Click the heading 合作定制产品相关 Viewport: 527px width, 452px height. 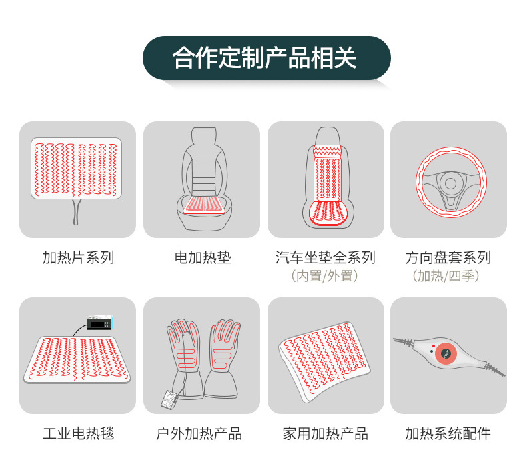click(x=264, y=58)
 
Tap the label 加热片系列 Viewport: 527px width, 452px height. click(x=78, y=257)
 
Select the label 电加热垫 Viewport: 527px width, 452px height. click(x=203, y=257)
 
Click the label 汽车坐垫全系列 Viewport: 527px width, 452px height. click(x=325, y=257)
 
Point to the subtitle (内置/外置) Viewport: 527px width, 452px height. click(x=324, y=276)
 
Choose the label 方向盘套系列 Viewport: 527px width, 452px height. click(x=448, y=257)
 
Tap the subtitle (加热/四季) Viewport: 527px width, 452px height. click(x=446, y=276)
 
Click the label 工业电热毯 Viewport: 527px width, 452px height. click(x=78, y=433)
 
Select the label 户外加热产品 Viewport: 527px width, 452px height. click(x=199, y=433)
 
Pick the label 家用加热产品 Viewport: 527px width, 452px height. click(x=325, y=433)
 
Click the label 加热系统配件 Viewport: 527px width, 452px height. click(x=448, y=433)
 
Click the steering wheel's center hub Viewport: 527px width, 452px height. click(x=450, y=183)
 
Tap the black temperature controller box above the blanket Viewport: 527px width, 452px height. click(x=99, y=323)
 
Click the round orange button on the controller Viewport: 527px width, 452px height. click(x=446, y=353)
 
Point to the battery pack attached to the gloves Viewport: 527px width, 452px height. click(x=169, y=399)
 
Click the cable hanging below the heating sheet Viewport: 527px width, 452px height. click(x=76, y=211)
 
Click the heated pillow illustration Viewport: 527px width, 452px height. click(x=324, y=361)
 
